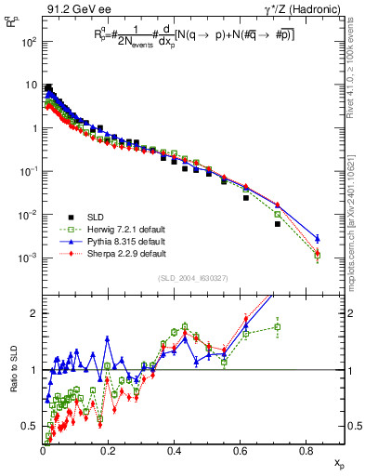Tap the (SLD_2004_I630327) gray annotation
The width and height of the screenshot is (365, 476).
tap(190, 277)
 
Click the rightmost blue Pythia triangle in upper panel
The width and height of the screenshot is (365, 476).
tap(318, 238)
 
